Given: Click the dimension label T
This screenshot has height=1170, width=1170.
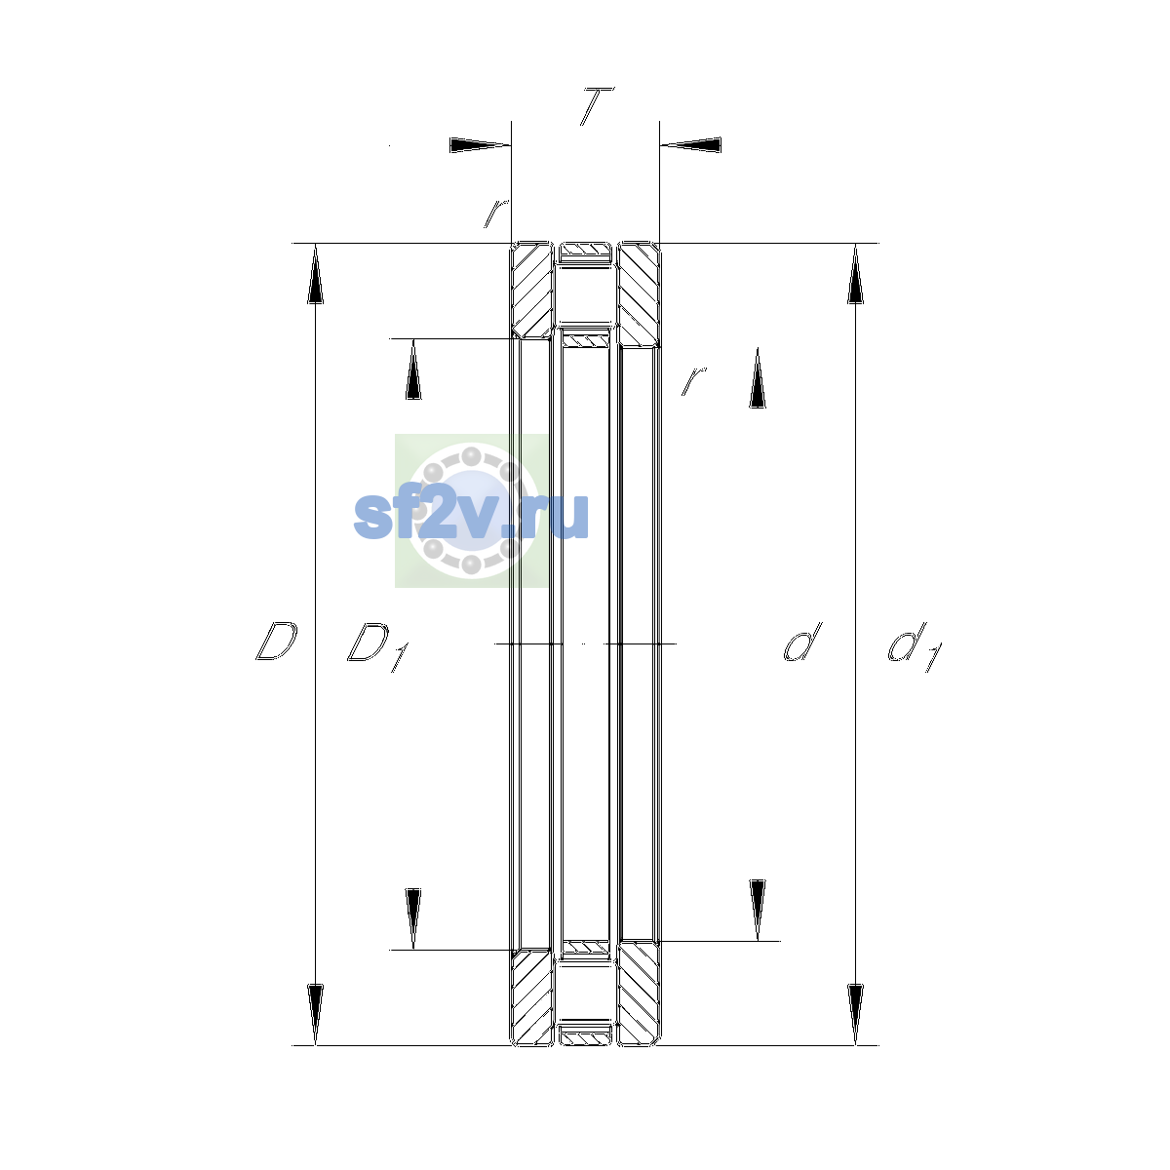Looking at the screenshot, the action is pyautogui.click(x=597, y=106).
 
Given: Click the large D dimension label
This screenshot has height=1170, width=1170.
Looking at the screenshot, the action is pyautogui.click(x=277, y=642).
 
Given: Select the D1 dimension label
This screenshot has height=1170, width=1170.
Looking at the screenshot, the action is pyautogui.click(x=377, y=646).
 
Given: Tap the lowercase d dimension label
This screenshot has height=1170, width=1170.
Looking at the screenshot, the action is pyautogui.click(x=802, y=642).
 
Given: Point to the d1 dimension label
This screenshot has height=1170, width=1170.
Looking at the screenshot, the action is pyautogui.click(x=915, y=646).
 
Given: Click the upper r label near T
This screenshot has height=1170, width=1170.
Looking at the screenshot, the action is pyautogui.click(x=496, y=214).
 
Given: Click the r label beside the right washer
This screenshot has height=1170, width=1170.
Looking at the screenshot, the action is pyautogui.click(x=694, y=380).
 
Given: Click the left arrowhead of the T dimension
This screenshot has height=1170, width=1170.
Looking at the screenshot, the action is pyautogui.click(x=480, y=145).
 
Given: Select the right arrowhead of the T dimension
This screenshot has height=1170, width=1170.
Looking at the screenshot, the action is pyautogui.click(x=691, y=145).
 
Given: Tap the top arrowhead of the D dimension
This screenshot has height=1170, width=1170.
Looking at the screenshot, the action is pyautogui.click(x=315, y=273).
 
